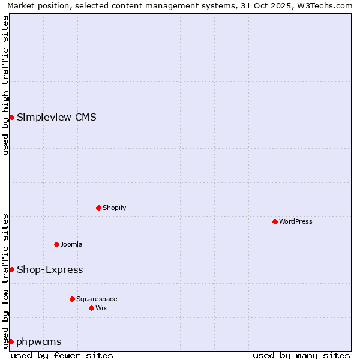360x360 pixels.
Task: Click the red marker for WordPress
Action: point(275,221)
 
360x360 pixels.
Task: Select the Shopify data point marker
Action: point(98,208)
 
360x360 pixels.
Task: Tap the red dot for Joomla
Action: point(56,244)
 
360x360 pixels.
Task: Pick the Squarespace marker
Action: point(72,299)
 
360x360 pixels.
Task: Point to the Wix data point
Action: point(91,308)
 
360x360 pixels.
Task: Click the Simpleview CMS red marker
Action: point(11,117)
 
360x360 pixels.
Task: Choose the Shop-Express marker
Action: point(11,269)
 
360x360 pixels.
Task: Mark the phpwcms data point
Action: point(11,341)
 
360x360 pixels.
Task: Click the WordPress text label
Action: point(296,221)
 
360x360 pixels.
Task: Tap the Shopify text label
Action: point(115,208)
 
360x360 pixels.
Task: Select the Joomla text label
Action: point(71,244)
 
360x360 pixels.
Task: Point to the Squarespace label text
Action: point(97,299)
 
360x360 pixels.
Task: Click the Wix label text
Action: point(101,308)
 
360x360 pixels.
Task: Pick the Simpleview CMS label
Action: point(56,117)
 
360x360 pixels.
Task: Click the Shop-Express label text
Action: point(50,269)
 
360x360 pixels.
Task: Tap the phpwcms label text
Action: point(39,341)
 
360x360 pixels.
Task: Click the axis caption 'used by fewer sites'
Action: point(62,355)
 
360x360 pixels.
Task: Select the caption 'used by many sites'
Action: point(301,355)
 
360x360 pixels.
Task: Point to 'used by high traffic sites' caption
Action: point(5,85)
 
